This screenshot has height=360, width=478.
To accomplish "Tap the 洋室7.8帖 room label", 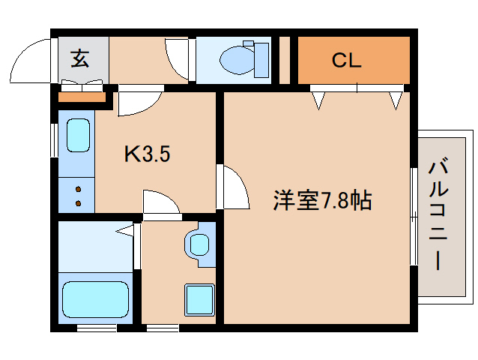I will [321, 200].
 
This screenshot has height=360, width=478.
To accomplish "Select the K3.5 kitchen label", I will [148, 154].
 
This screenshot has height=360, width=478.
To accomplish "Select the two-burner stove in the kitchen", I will [77, 196].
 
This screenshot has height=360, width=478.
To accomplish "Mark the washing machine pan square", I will [199, 299].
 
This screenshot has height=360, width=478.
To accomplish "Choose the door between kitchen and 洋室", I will [235, 187].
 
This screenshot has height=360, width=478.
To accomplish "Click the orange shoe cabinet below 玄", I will [82, 97].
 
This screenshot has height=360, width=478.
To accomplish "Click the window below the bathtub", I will [97, 327].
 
